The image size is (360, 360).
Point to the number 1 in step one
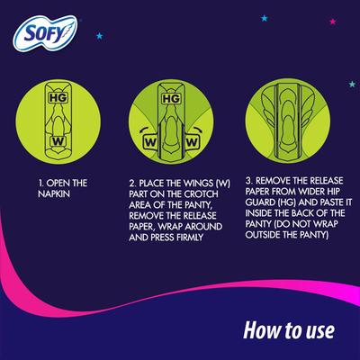pyautogui.click(x=41, y=183)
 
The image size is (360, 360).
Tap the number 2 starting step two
pyautogui.click(x=130, y=184)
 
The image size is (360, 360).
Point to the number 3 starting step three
pyautogui.click(x=248, y=184)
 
